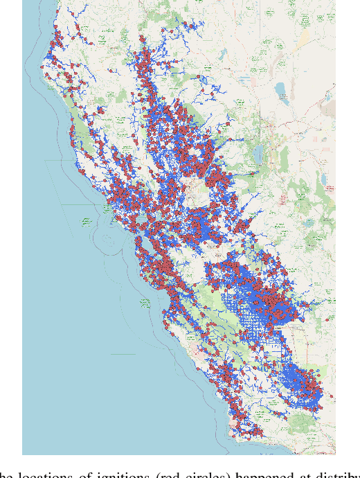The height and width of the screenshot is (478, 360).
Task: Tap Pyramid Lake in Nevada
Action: [x=280, y=90]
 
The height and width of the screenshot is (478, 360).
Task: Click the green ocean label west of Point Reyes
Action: [x=86, y=222]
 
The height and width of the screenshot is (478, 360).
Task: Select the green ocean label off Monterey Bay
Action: [x=145, y=303]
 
